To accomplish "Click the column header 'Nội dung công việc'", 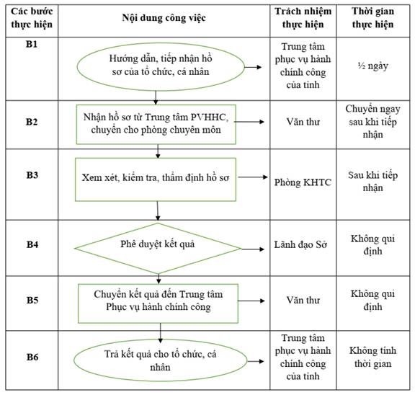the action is click(164, 18).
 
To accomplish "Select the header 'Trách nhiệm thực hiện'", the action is click(303, 18).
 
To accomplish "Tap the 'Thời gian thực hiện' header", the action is click(372, 18).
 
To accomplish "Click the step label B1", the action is click(32, 44).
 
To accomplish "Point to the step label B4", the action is click(32, 244).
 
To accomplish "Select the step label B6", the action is click(32, 357).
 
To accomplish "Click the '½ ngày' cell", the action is click(372, 66).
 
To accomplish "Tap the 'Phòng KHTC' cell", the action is click(303, 182).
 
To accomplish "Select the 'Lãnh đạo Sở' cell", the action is click(300, 244).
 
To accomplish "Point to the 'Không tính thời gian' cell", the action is click(372, 357).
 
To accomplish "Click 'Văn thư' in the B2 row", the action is click(303, 122).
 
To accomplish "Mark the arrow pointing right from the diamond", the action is click(253, 249).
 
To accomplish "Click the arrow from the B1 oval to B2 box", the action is click(156, 98).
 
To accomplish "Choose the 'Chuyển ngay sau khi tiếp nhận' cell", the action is click(372, 122).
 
